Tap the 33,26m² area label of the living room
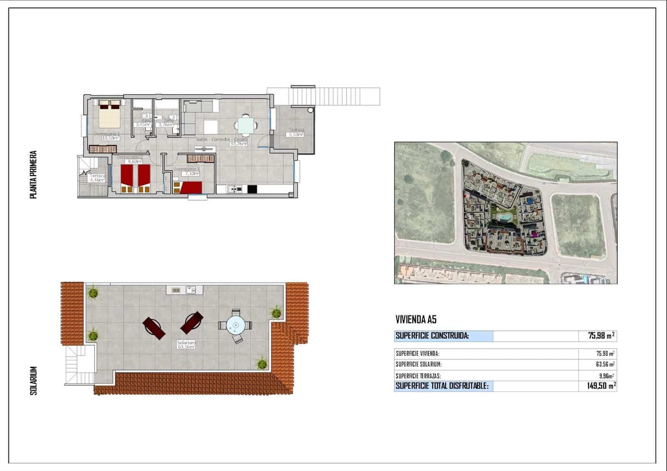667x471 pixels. pyautogui.click(x=238, y=144)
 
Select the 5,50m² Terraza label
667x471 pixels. pyautogui.click(x=296, y=135)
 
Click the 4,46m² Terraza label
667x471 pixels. pyautogui.click(x=97, y=180)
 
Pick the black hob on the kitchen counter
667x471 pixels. pyautogui.click(x=252, y=189)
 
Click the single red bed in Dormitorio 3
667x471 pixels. pyautogui.click(x=191, y=188)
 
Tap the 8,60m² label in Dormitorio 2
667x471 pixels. pyautogui.click(x=135, y=161)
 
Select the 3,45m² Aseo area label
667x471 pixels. pyautogui.click(x=143, y=124)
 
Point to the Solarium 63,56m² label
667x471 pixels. pyautogui.click(x=186, y=346)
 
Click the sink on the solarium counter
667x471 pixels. pyautogui.click(x=191, y=289)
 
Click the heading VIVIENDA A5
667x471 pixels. pyautogui.click(x=416, y=320)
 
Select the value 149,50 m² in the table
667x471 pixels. pyautogui.click(x=601, y=386)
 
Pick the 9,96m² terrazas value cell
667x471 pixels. pyautogui.click(x=605, y=376)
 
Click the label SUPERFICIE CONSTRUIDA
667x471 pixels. pyautogui.click(x=432, y=336)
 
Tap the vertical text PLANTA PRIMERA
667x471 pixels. pyautogui.click(x=33, y=175)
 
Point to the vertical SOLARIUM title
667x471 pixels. pyautogui.click(x=34, y=381)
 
